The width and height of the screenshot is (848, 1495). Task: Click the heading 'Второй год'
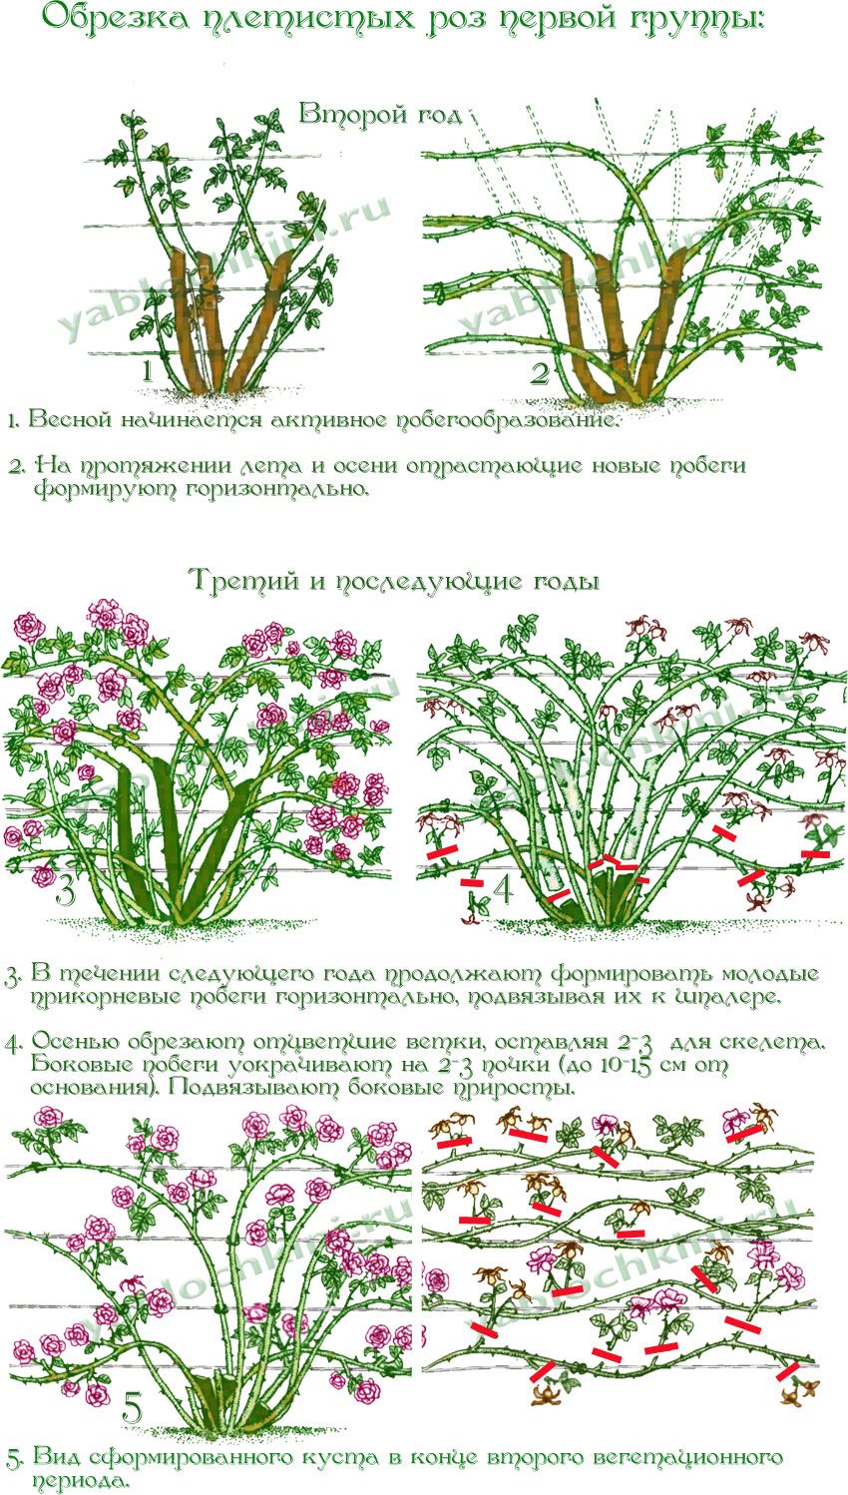pyautogui.click(x=380, y=114)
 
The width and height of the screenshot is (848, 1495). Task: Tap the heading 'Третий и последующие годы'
pyautogui.click(x=396, y=580)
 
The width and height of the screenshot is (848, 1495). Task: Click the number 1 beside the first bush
pyautogui.click(x=148, y=371)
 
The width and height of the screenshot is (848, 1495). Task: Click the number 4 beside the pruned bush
pyautogui.click(x=503, y=887)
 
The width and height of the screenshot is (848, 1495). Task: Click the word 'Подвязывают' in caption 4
pyautogui.click(x=254, y=1087)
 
